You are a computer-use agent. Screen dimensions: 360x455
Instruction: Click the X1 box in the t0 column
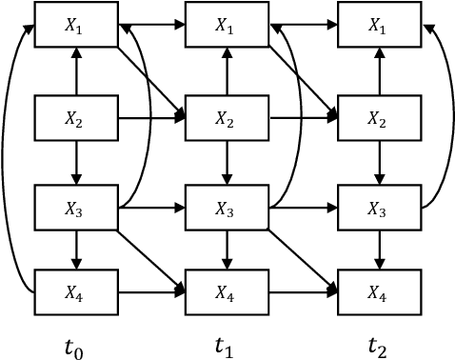(x=75, y=29)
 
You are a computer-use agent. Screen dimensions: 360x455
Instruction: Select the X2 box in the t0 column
(x=75, y=118)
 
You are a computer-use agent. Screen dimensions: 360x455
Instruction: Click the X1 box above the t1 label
(x=226, y=29)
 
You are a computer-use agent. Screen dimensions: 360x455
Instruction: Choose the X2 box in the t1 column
(x=226, y=118)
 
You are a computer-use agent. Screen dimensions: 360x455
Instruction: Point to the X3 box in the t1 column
(x=226, y=207)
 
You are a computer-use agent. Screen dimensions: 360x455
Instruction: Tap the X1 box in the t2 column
(x=377, y=29)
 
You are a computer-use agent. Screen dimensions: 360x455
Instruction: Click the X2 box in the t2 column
(x=377, y=118)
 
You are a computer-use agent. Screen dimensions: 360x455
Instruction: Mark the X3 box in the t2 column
(x=377, y=207)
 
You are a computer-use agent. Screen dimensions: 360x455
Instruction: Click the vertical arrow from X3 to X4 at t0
(x=75, y=250)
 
